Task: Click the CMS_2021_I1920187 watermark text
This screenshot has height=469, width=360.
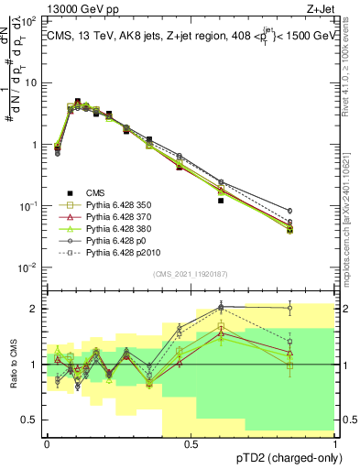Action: pyautogui.click(x=191, y=274)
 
